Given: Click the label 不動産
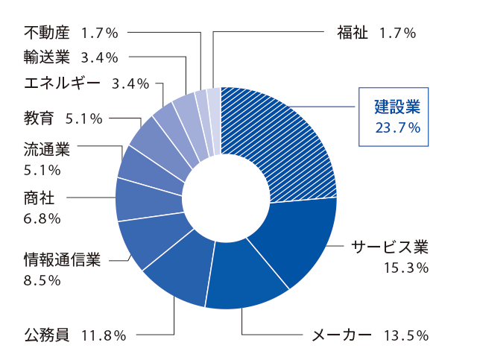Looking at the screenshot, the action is (x=47, y=33).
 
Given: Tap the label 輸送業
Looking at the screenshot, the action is (x=47, y=57).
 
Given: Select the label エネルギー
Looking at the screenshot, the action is (x=62, y=83).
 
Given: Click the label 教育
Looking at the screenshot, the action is (x=39, y=119).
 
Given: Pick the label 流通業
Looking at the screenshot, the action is (x=47, y=150).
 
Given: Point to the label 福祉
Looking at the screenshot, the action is (x=353, y=33).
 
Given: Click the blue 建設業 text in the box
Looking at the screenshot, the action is (x=397, y=107).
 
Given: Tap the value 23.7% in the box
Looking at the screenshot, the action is (x=398, y=128).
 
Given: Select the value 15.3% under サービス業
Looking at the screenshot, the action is (x=406, y=268).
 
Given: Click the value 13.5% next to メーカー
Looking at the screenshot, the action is (x=406, y=335).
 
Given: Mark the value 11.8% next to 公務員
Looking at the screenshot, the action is (x=104, y=335).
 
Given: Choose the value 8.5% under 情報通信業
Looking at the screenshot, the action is (x=42, y=280).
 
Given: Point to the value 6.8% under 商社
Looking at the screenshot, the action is (x=42, y=219).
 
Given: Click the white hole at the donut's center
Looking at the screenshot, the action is (x=226, y=198).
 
